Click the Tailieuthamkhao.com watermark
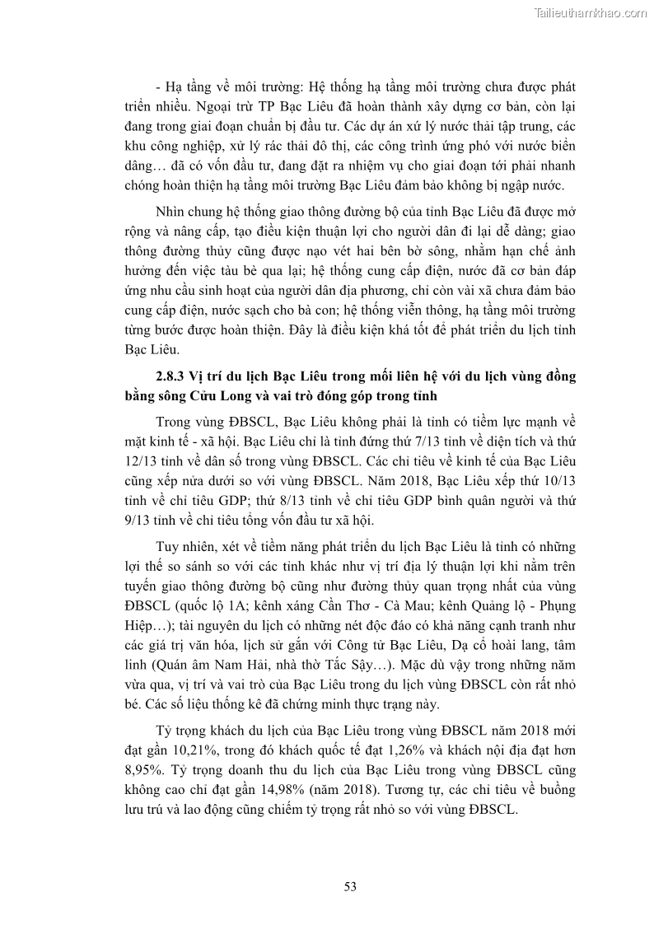click(x=591, y=13)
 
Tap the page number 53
click(x=349, y=886)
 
